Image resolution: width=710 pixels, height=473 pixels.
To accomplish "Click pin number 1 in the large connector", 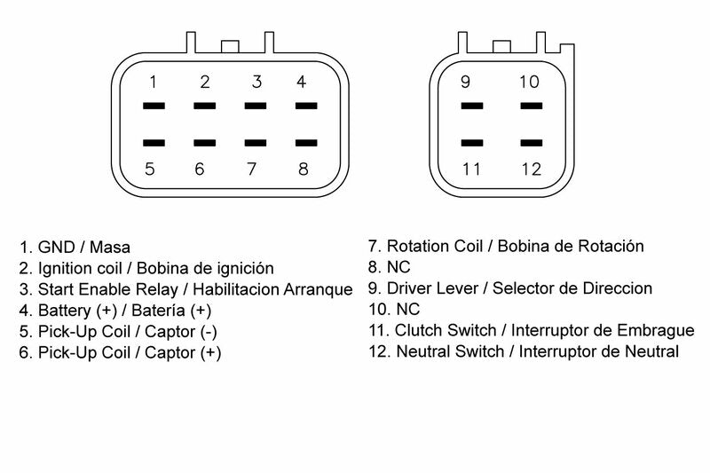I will tap(154, 83).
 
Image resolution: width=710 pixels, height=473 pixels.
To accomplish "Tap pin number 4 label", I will tap(302, 83).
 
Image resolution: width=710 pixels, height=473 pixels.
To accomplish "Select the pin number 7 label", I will tap(251, 169).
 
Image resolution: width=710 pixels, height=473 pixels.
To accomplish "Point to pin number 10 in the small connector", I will tap(530, 83).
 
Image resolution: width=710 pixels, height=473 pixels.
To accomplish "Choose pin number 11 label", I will tap(470, 169).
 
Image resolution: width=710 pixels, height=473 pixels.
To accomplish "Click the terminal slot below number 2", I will tap(204, 106).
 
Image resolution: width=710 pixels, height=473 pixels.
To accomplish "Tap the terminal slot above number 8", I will tap(306, 141).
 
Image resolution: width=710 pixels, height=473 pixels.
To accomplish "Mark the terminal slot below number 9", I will tap(471, 106).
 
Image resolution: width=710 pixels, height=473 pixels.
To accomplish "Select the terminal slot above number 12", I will tap(531, 141).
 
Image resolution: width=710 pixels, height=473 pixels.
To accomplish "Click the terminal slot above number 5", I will tap(154, 141).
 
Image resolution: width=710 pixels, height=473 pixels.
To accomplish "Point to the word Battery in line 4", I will tap(66, 311).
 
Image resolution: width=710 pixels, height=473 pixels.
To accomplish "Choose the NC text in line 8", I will tap(399, 267).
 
